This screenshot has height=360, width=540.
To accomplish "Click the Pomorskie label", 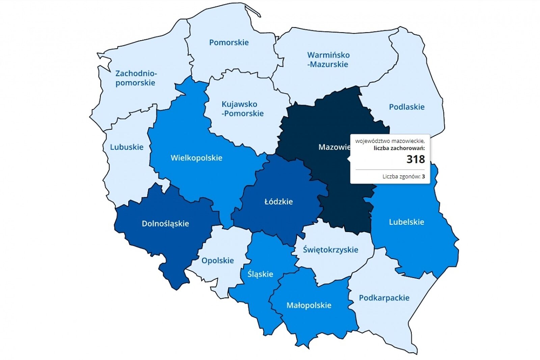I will (x=229, y=43).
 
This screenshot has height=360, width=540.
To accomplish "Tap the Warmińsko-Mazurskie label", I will (x=328, y=60).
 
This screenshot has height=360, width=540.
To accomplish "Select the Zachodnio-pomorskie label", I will (x=136, y=78).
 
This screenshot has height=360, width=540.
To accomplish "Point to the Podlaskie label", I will (x=406, y=107).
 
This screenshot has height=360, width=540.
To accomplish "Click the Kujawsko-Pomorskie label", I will (x=242, y=109).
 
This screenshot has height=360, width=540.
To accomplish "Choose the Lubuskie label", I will (x=127, y=147).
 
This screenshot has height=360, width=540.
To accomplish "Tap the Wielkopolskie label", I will (x=196, y=158).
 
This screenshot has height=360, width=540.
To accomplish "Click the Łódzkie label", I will (x=278, y=202).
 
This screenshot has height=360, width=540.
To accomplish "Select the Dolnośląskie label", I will (x=165, y=224).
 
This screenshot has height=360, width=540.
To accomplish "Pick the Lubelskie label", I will (x=406, y=222).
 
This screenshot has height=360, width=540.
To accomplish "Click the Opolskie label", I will (x=218, y=261).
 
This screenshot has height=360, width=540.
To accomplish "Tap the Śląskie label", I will (x=260, y=274).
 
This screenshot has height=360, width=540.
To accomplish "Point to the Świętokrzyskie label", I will (x=330, y=250).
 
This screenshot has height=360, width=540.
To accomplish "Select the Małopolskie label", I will (x=309, y=306).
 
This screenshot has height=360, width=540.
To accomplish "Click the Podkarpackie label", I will (x=384, y=298).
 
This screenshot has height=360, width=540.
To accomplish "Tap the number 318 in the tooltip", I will (x=415, y=159).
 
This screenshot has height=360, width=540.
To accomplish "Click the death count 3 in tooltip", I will (x=423, y=177).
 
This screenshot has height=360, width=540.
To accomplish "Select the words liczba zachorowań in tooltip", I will (x=399, y=148).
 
